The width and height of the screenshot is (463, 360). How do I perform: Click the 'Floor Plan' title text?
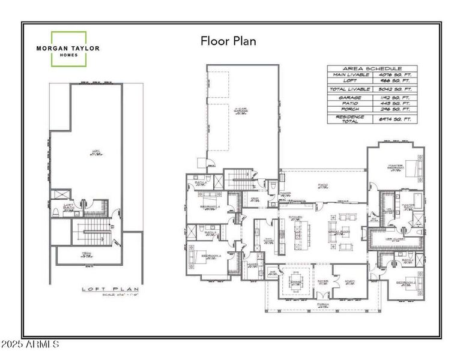[x=228, y=41]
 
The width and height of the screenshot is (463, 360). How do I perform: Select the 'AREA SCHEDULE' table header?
[x=372, y=69]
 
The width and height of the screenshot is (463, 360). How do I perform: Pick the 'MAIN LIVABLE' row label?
[x=350, y=76]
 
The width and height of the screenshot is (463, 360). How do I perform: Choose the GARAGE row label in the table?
[x=350, y=97]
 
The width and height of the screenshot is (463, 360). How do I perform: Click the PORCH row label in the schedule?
[x=350, y=110]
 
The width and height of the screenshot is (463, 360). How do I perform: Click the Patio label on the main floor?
[x=322, y=187]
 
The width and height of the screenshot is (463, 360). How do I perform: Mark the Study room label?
[x=348, y=281]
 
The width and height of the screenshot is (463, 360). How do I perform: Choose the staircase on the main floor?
[x=238, y=178]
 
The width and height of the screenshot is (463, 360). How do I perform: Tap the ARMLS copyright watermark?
[x=30, y=345]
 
